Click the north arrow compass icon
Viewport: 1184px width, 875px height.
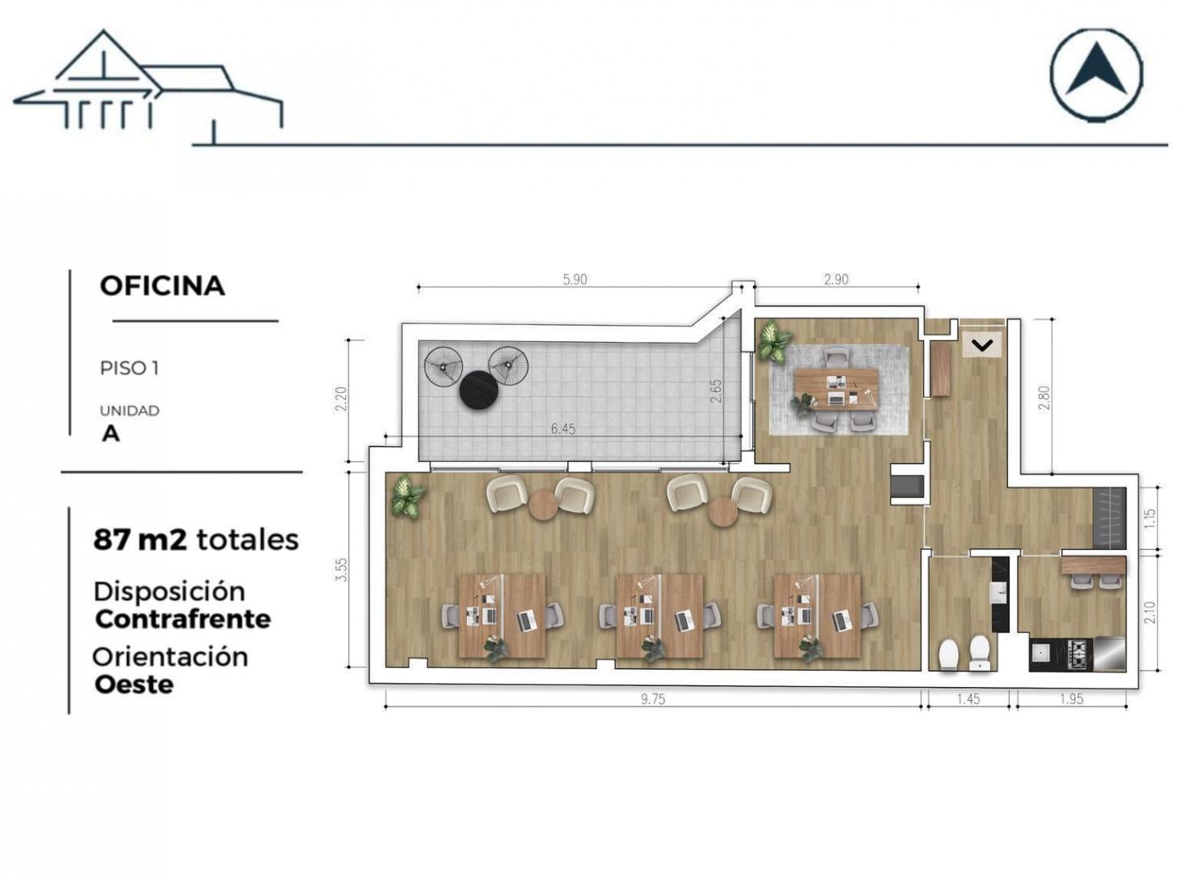coord(1096,75)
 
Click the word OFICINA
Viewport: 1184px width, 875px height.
coord(162,286)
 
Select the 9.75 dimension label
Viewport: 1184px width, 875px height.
coord(653,699)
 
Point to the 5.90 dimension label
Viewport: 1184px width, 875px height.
coord(575,280)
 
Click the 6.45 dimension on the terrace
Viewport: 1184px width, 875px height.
coord(562,429)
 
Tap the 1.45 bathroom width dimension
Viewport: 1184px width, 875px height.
coord(968,699)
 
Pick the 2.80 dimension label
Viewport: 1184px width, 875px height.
coord(1045,398)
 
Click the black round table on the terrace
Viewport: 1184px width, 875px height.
coord(478,390)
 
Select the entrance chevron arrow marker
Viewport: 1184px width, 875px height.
coord(982,345)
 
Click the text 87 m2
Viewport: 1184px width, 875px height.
coord(140,540)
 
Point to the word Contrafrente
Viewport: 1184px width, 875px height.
coord(182,619)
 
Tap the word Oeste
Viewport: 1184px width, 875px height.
coord(134,685)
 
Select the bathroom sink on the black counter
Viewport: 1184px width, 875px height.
coord(998,591)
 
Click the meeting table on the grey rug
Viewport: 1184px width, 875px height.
coord(836,388)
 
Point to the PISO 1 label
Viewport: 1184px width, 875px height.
coord(129,369)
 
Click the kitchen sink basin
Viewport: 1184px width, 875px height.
coord(1041,652)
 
